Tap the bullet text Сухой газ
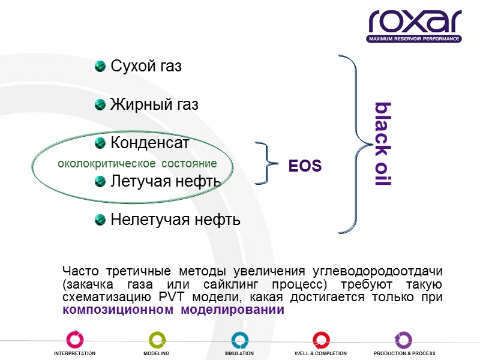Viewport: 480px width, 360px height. coord(146,67)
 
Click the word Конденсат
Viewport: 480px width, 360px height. coord(150,143)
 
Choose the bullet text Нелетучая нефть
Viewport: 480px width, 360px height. coord(176,220)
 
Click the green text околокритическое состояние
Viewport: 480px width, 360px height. coord(137,163)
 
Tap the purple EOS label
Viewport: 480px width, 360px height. coord(305,166)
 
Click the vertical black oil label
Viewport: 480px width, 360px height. coord(382,144)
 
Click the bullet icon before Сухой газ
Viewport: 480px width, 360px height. coord(101,66)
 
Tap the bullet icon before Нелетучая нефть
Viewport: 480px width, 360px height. coord(101,220)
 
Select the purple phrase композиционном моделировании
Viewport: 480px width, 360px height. coord(173,310)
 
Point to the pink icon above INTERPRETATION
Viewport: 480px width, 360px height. coord(74,340)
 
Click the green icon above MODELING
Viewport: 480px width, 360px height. coord(156,340)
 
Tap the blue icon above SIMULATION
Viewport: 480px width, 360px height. coord(239,340)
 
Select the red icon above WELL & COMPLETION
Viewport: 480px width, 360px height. coord(321,340)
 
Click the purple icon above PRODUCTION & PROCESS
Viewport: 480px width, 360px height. coord(403,340)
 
